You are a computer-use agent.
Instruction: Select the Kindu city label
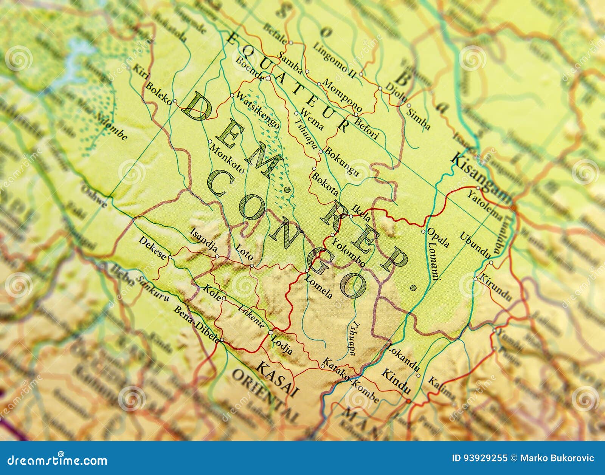pos(396,382)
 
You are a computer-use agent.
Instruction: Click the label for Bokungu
pos(342,162)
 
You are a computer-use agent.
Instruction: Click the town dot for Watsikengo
pos(232,95)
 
